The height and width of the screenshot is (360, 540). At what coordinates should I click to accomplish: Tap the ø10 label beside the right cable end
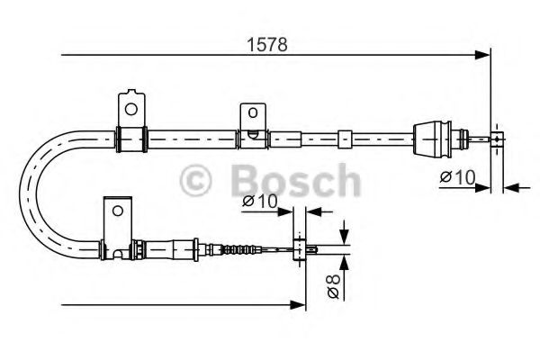457,177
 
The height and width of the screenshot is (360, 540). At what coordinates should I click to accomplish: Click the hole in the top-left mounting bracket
131,110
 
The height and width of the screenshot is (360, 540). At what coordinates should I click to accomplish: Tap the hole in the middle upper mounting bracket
253,113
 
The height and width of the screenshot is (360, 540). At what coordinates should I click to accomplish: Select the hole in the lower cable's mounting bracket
115,211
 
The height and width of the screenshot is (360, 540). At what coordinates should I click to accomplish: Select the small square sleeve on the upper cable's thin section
344,139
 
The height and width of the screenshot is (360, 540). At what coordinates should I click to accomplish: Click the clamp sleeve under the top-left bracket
131,138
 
